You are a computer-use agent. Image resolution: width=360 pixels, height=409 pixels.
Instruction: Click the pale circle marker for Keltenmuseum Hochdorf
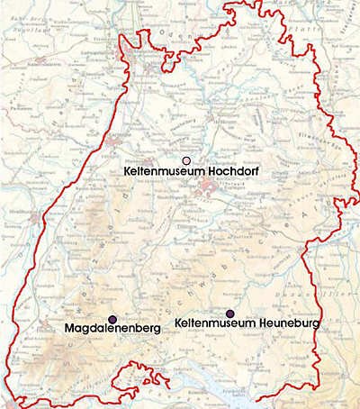point(186,159)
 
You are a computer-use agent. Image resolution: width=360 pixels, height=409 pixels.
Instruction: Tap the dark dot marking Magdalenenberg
point(112,319)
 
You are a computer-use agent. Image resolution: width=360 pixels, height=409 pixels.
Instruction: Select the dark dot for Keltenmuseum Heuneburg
point(230,313)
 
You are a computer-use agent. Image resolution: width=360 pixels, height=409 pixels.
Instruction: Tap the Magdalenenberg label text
point(113,330)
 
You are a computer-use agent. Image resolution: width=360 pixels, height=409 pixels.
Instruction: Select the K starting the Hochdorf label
point(127,170)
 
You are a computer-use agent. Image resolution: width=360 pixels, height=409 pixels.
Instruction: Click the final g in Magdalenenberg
point(157,331)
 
